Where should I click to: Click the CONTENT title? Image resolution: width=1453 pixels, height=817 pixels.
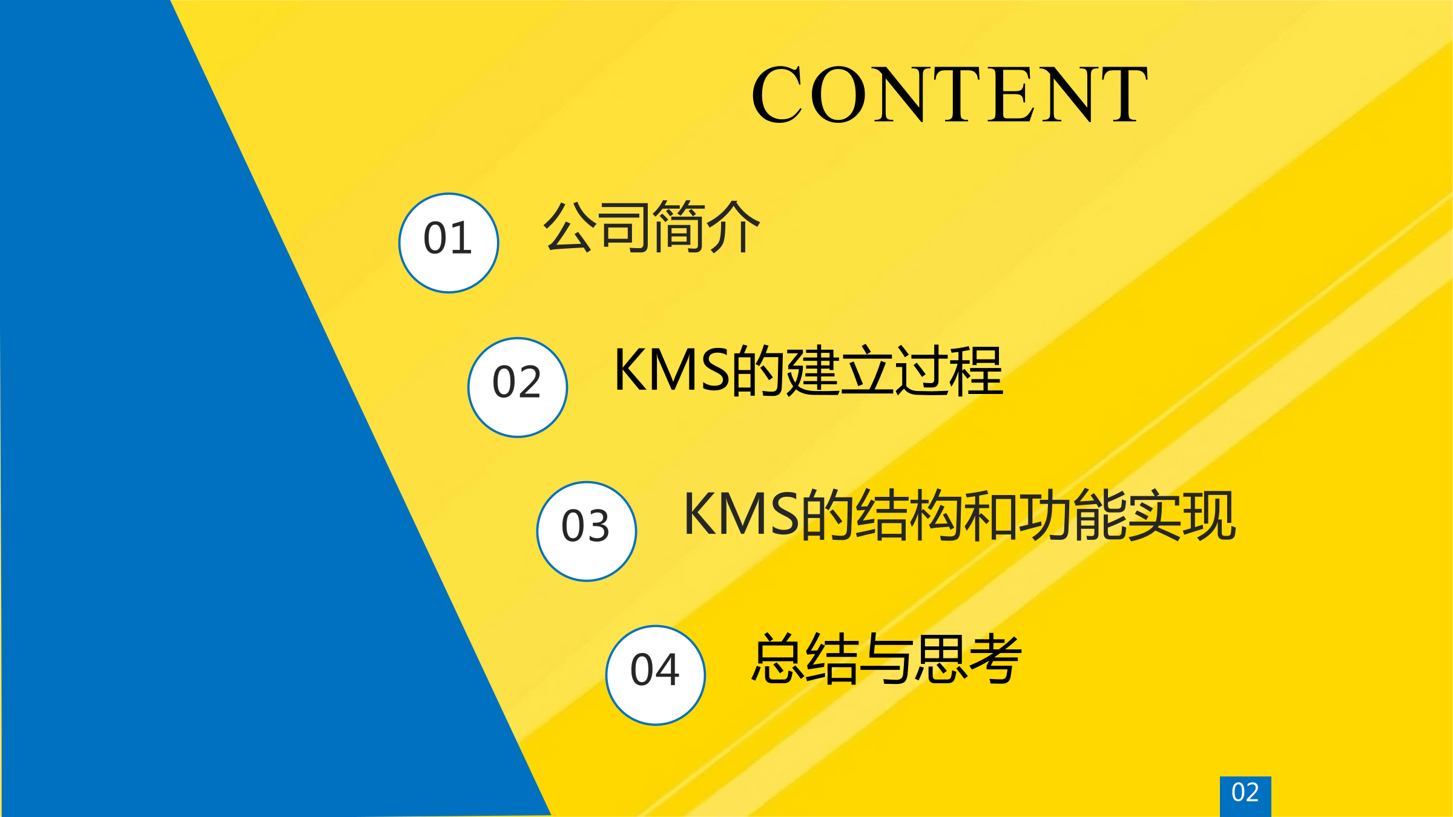(x=949, y=94)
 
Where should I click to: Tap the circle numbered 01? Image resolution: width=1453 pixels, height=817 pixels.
(x=449, y=243)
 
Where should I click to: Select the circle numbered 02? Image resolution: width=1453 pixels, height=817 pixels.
(x=518, y=387)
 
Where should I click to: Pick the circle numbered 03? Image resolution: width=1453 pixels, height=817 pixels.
(x=587, y=531)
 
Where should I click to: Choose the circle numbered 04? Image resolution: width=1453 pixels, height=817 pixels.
(x=656, y=675)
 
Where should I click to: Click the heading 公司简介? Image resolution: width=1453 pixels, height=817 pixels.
(x=651, y=227)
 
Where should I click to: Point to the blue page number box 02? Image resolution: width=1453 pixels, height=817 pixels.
(x=1245, y=796)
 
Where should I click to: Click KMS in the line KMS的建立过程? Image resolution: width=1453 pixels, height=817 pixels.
(x=671, y=370)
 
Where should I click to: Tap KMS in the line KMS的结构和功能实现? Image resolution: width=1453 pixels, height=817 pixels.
(x=741, y=514)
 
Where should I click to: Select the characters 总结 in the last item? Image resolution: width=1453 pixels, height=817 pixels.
(x=805, y=658)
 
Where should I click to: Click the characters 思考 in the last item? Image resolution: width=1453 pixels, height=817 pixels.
(x=968, y=658)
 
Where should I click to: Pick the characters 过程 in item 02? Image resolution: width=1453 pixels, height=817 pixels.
(x=949, y=370)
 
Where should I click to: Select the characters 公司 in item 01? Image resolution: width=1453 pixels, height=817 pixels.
(x=597, y=227)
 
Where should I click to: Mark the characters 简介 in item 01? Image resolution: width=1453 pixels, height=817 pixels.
(x=707, y=227)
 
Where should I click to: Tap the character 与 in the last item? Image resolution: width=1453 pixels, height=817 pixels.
(x=887, y=658)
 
